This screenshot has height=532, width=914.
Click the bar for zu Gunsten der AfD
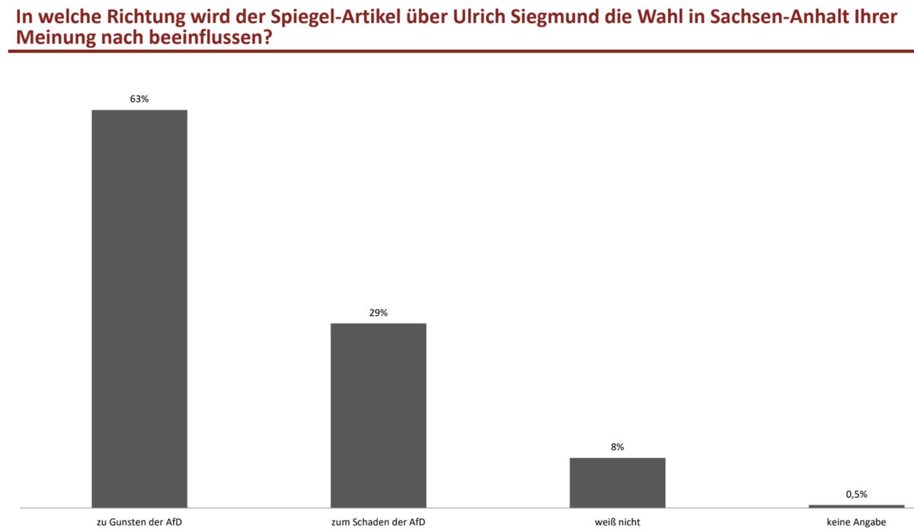tap(139, 308)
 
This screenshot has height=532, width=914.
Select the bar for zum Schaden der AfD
tap(379, 416)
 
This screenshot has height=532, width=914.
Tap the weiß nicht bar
tap(618, 483)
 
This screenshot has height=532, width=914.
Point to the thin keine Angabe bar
tap(856, 506)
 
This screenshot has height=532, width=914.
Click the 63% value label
tap(139, 99)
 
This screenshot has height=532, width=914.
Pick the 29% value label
tap(379, 313)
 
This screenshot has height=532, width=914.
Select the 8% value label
tap(618, 448)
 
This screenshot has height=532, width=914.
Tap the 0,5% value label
tap(856, 495)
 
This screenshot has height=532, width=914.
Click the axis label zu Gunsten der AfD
tap(139, 522)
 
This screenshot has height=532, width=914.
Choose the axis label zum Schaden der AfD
tap(379, 522)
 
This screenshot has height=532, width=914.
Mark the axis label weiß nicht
tap(618, 522)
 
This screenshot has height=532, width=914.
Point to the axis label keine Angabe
tap(856, 522)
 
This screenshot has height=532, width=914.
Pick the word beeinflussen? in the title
tap(210, 37)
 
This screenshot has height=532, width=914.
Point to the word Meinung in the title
tap(55, 38)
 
